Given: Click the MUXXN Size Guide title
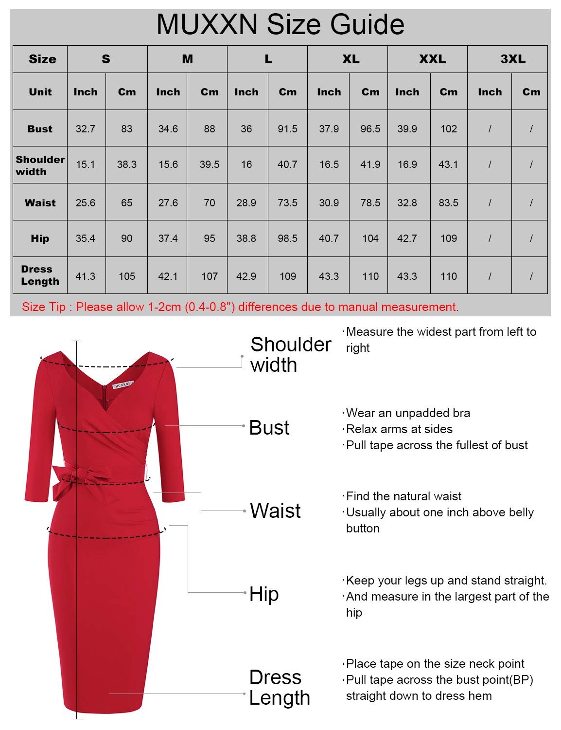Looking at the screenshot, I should [280, 24].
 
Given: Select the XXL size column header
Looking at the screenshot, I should [432, 59].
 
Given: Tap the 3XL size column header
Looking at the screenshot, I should [512, 59].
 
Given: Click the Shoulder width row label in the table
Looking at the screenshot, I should [40, 165].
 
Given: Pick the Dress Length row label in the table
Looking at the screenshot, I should [40, 275].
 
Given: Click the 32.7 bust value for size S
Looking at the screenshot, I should [86, 129].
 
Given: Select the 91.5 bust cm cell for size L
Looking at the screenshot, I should [287, 129].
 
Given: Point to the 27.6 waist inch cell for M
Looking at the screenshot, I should [168, 202].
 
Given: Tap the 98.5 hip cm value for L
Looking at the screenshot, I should [287, 238].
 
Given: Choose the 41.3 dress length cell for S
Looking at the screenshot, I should [86, 276].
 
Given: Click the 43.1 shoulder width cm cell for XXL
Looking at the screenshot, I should [448, 164].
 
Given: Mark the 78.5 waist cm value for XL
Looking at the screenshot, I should [370, 202].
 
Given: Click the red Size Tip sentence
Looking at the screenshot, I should [240, 307].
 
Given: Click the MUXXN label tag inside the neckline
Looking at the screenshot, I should [122, 385].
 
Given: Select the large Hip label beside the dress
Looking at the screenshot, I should [264, 594].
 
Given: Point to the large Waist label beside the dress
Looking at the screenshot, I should [275, 511].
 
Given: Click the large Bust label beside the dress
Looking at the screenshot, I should [269, 428].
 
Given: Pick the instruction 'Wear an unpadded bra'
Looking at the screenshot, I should [407, 413].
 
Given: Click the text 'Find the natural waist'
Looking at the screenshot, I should [403, 496].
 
